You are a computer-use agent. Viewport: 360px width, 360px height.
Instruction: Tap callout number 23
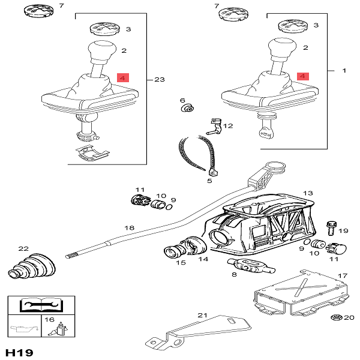159,79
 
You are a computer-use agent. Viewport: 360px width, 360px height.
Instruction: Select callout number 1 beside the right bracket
344,71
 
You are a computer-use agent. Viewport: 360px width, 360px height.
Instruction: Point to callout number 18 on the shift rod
129,229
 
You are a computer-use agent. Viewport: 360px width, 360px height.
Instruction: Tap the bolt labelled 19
331,228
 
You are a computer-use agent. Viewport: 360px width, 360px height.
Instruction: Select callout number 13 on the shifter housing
308,193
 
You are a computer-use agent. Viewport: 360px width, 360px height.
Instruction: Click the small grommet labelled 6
188,108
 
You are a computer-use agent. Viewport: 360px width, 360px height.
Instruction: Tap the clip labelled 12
212,125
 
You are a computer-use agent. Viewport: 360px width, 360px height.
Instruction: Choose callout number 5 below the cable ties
210,180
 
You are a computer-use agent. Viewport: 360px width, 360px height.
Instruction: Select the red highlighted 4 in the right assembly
302,77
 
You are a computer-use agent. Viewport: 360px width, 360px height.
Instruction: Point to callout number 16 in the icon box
50,320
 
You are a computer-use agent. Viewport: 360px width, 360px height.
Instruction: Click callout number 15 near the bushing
181,262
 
